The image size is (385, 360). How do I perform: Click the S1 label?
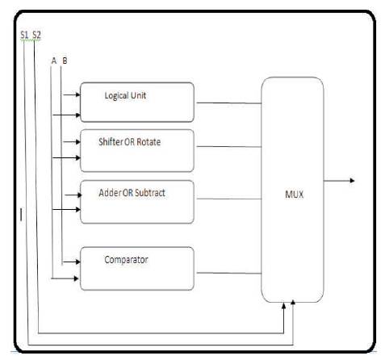coord(24,35)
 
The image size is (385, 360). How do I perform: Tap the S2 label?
coord(36,35)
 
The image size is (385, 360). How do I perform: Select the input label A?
coord(54,61)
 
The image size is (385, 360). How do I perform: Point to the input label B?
coord(65,61)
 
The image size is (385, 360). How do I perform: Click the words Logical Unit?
coord(125,95)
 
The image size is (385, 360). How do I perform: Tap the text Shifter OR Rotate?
coord(129,142)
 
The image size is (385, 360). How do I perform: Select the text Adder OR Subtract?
coord(132,193)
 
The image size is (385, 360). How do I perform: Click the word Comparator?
coord(126,260)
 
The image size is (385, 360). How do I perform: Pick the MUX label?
coord(294,195)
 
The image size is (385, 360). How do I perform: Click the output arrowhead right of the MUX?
coord(352,181)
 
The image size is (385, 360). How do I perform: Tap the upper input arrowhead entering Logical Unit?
coord(78,94)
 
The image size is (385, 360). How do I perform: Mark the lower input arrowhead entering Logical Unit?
coord(78,115)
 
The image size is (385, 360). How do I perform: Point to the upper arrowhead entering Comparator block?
coord(78,262)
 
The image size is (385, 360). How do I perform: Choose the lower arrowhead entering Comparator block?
coord(76,278)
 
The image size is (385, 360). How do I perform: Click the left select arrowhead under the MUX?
coord(283,306)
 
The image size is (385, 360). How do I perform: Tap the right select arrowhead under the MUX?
coord(293,303)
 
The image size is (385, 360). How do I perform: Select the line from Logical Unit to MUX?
coord(229,103)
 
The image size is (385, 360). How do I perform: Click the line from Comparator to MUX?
coord(229,274)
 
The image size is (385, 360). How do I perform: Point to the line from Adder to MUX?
coord(229,199)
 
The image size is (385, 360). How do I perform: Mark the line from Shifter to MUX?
coord(229,147)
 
